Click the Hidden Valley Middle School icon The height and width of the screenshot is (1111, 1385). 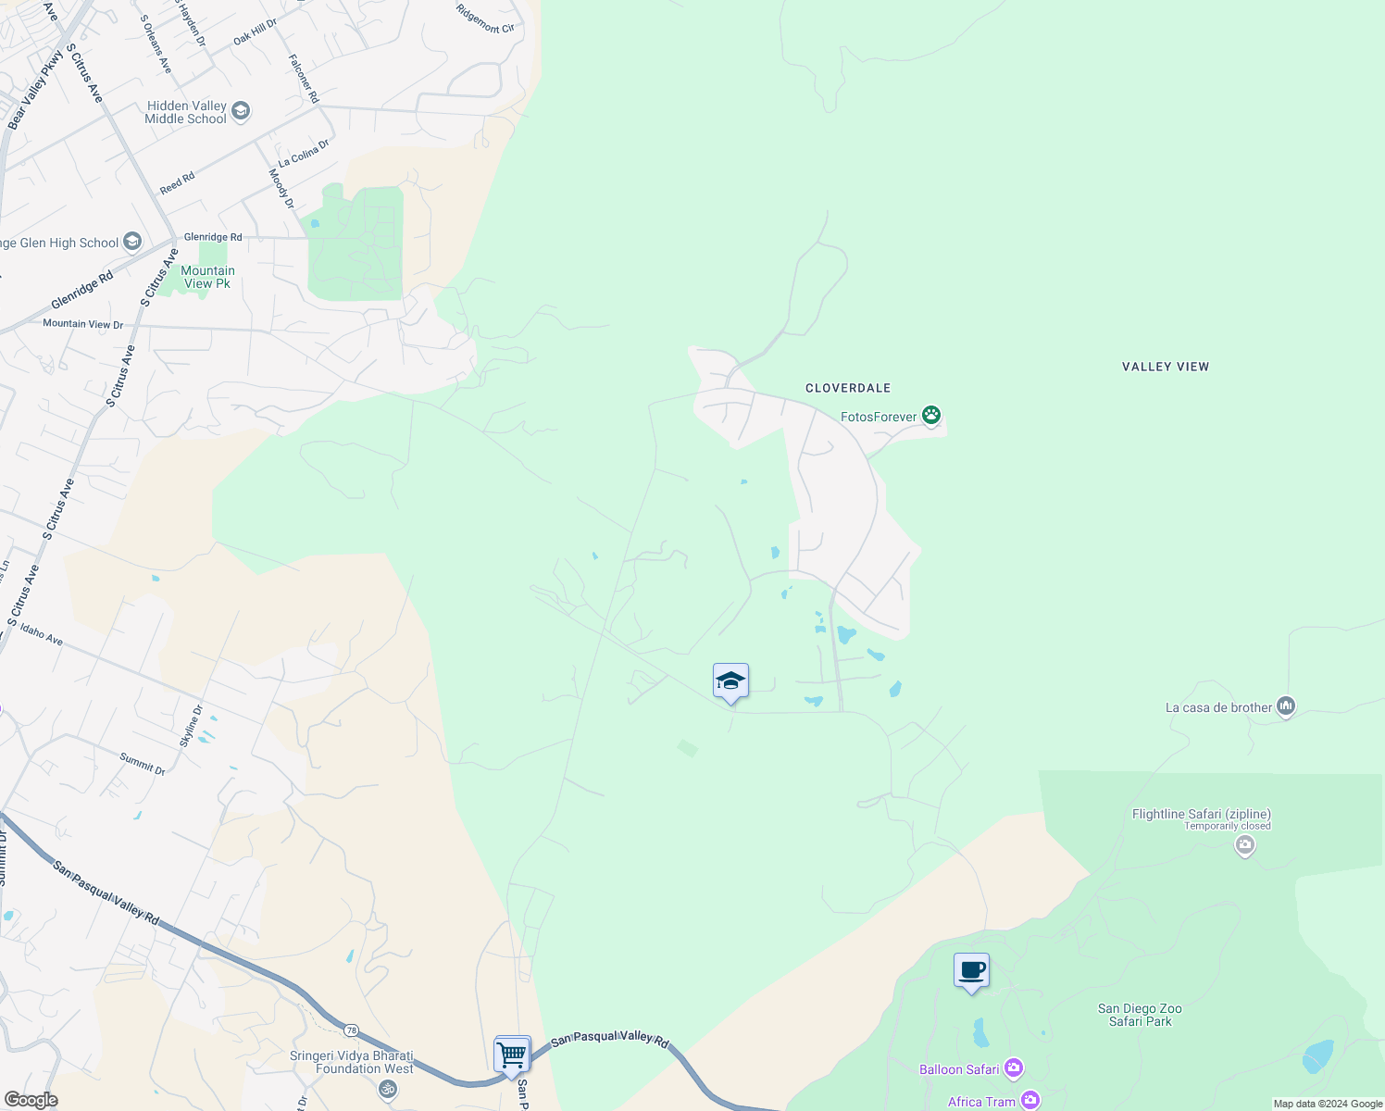241,112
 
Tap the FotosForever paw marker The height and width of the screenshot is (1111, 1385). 931,416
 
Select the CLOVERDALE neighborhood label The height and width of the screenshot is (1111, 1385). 848,388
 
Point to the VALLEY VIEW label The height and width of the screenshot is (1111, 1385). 1166,367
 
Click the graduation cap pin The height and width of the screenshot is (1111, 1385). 730,681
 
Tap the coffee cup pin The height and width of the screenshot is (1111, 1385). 971,971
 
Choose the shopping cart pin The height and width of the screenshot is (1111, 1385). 512,1055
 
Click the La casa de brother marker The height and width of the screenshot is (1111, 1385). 1285,706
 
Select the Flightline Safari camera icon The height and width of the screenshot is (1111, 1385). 1245,844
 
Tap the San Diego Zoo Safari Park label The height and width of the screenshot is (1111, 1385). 1140,1015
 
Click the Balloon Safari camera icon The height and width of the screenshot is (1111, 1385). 1014,1069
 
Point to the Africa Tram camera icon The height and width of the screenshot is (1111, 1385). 1029,1101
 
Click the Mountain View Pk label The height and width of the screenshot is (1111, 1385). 207,277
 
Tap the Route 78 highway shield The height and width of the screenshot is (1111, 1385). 351,1030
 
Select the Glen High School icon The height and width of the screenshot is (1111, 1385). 132,243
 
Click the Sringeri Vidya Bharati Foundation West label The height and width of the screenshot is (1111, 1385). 352,1062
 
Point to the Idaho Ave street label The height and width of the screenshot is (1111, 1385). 42,634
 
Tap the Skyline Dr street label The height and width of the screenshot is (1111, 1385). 191,726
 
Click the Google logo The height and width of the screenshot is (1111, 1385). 31,1100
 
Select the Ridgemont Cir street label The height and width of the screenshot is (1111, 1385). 485,19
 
